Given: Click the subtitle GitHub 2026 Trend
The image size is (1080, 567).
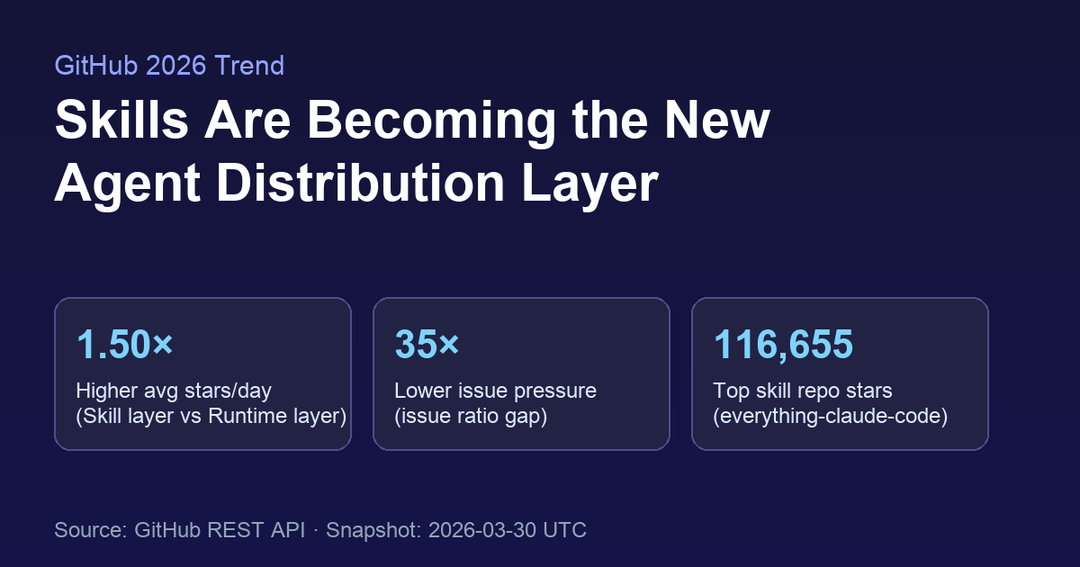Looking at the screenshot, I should click(x=169, y=66).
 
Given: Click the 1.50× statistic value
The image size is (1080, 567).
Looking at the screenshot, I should click(x=125, y=345).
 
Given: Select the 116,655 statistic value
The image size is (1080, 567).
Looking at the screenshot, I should click(x=783, y=345).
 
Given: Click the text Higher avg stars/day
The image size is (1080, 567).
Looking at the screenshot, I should click(x=174, y=391).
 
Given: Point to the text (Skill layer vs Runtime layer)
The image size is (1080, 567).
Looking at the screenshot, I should click(x=211, y=416).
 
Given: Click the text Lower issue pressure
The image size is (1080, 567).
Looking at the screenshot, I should click(x=495, y=391).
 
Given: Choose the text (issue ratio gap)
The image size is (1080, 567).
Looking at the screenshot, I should click(x=471, y=416).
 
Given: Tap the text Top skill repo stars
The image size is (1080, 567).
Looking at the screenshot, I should click(x=803, y=391).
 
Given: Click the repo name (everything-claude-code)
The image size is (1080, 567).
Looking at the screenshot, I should click(x=830, y=416).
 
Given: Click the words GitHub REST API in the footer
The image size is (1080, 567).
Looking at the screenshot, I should click(x=220, y=530).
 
